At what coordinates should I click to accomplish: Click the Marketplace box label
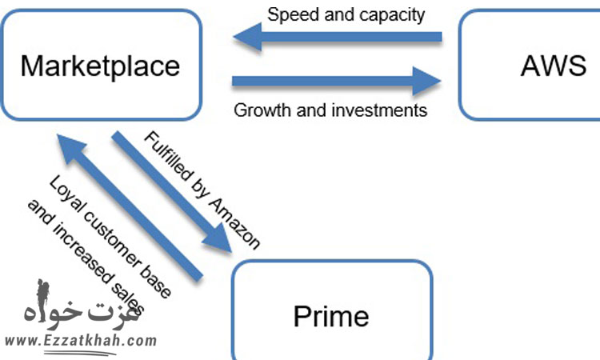[100, 66]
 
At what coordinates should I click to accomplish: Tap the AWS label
[553, 66]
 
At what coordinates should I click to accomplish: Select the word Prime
[331, 316]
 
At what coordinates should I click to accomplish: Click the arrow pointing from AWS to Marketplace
[337, 36]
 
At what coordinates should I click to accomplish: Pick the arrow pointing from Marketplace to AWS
[337, 81]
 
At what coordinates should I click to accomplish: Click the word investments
[383, 110]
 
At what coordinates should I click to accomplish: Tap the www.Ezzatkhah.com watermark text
[80, 341]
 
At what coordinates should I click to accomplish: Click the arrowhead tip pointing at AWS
[439, 81]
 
